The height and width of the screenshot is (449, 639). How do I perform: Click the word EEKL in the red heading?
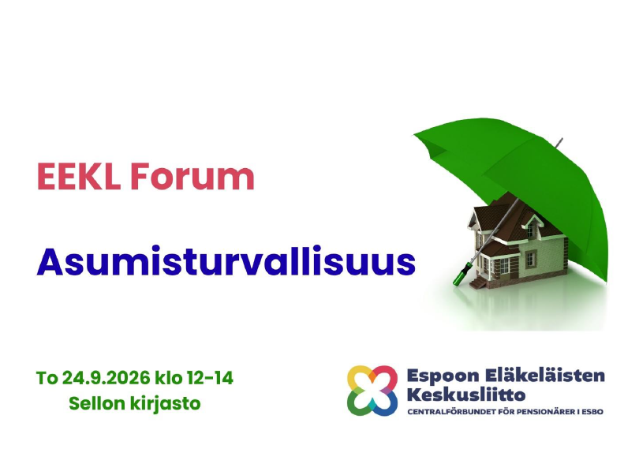tap(79, 176)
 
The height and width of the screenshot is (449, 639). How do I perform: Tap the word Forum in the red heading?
tap(192, 176)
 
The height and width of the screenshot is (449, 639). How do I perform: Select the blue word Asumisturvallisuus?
tap(226, 261)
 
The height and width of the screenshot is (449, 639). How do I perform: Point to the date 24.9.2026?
tap(106, 378)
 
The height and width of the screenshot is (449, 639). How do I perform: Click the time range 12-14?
tap(210, 378)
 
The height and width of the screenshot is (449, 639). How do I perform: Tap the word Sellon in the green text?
tap(96, 404)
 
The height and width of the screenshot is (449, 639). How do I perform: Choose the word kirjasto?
tap(166, 405)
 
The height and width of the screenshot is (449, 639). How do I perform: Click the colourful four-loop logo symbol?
tap(372, 391)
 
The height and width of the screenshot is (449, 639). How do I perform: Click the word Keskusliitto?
tap(466, 395)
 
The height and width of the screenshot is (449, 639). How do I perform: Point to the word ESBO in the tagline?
tap(592, 412)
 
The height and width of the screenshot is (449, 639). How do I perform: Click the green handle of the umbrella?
tap(462, 274)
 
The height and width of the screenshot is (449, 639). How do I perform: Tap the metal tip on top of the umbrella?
tap(559, 142)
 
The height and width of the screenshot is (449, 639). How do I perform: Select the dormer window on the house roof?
tap(531, 228)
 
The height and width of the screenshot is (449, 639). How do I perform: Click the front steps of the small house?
tap(477, 282)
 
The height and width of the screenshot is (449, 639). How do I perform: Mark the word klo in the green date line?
tap(168, 378)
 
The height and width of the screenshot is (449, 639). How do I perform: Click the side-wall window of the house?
tap(530, 260)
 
